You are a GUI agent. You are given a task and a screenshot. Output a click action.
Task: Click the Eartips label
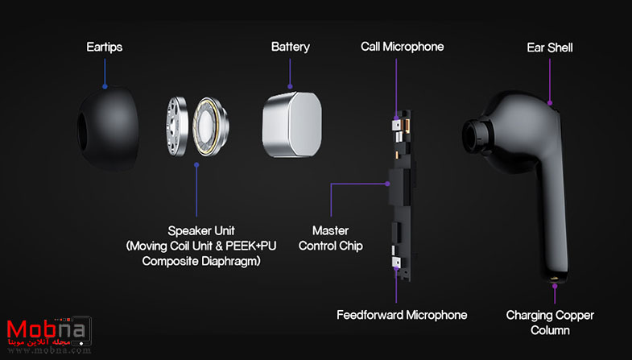(105, 48)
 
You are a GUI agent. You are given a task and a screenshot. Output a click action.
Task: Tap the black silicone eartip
(108, 128)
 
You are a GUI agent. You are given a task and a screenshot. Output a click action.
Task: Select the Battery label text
(290, 47)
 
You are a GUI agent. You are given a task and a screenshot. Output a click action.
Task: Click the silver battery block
(292, 124)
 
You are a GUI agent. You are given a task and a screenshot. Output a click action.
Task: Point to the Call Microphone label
(403, 47)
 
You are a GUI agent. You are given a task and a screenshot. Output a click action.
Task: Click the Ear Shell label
(550, 48)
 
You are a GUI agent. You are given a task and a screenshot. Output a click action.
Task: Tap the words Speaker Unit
(201, 231)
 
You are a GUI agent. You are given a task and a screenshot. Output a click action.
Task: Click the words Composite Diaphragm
(201, 261)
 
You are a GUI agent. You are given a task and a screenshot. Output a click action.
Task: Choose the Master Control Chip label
(331, 238)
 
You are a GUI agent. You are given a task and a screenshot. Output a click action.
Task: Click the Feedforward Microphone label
(402, 315)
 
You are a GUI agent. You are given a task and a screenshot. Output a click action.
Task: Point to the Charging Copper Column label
(550, 322)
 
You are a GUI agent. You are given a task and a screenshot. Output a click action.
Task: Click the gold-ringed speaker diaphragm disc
(208, 127)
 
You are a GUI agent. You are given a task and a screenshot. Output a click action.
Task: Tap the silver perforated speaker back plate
(176, 126)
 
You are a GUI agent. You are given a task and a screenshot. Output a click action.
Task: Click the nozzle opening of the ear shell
(473, 136)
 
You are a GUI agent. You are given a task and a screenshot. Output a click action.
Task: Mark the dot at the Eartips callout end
(105, 86)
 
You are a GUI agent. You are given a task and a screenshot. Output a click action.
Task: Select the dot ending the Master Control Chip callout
(387, 184)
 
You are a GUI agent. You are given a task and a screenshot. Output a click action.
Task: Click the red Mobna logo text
(47, 329)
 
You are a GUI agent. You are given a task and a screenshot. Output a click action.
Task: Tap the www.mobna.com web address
(49, 350)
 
